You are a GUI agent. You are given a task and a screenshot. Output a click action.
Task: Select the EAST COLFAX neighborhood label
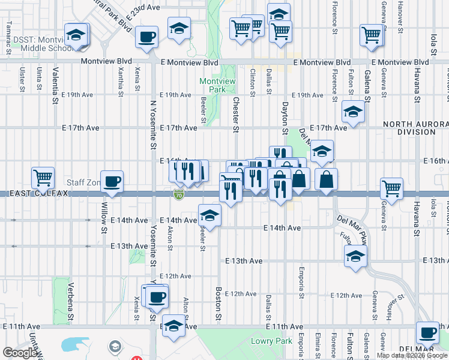point(31,193)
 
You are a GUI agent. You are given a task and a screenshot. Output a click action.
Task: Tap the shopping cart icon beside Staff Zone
point(43,178)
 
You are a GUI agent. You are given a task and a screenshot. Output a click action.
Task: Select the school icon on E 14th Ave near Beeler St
point(209,215)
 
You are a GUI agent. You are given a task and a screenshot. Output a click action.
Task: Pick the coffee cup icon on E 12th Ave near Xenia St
point(157,296)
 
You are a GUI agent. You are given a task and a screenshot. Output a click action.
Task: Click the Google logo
point(20,353)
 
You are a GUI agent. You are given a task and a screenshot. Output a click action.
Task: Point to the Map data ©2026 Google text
point(412,355)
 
